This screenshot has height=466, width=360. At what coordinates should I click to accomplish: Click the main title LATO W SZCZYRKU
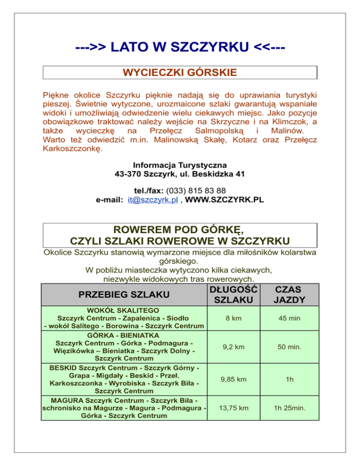[180, 47]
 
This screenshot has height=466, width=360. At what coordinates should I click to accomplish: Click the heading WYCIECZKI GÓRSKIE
[180, 73]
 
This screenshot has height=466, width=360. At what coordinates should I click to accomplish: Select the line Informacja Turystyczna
[180, 165]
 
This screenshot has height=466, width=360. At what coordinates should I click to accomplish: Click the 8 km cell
[233, 318]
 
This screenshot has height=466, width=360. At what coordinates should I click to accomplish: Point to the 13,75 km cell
[233, 408]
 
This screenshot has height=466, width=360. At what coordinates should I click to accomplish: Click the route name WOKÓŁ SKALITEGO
[124, 310]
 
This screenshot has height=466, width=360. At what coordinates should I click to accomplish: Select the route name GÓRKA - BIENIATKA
[124, 336]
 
